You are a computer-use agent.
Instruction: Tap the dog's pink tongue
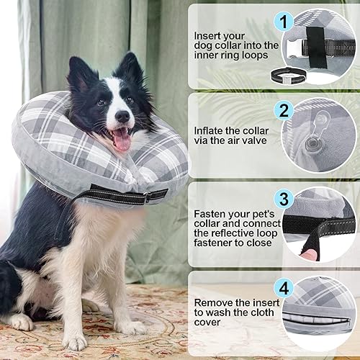coord(122,140)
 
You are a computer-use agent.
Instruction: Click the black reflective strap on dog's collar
coord(119,194)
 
